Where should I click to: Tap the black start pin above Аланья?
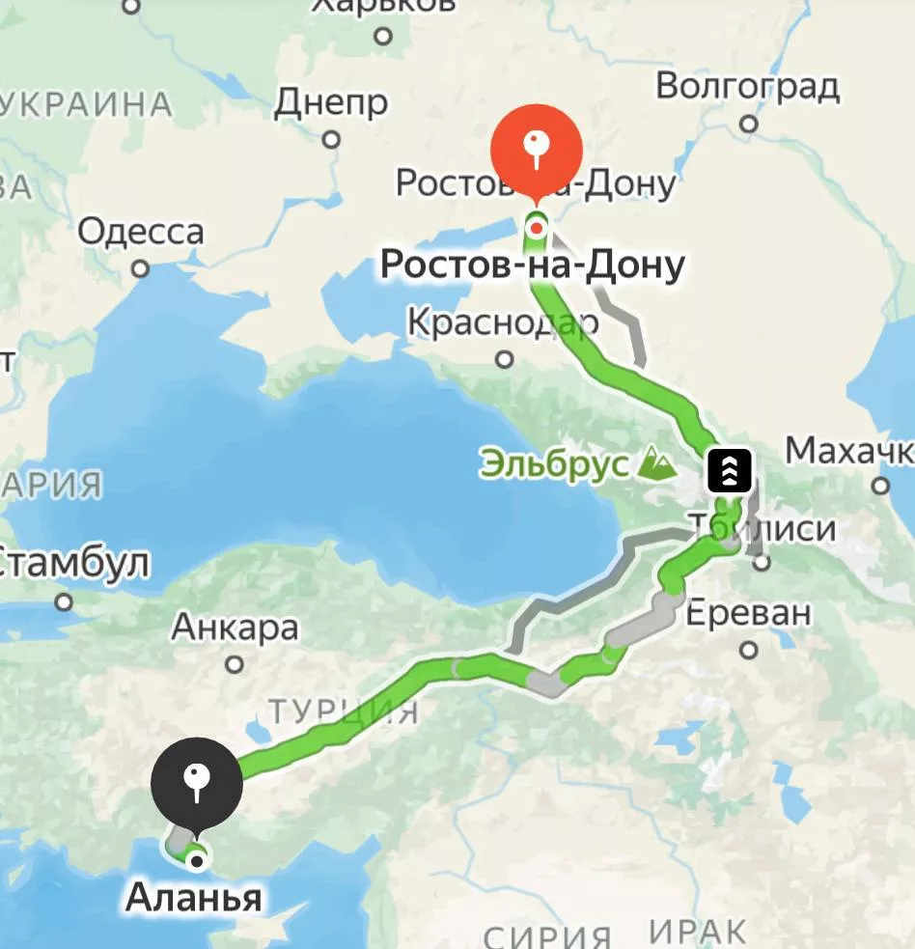[197, 783]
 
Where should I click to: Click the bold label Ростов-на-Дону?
[532, 265]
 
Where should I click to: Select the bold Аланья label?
[193, 898]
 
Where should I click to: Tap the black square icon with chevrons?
[730, 470]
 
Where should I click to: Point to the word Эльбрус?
[553, 464]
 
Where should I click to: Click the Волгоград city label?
[747, 87]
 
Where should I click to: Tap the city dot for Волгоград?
[749, 124]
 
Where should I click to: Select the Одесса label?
[141, 232]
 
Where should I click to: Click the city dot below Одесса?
[141, 268]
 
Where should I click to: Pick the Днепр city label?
[331, 102]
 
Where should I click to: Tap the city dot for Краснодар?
[504, 359]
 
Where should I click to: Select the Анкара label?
[235, 628]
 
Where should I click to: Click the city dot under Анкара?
[235, 664]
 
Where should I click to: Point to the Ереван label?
[749, 612]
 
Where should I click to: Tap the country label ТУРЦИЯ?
[344, 712]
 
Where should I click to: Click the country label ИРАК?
[697, 933]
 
